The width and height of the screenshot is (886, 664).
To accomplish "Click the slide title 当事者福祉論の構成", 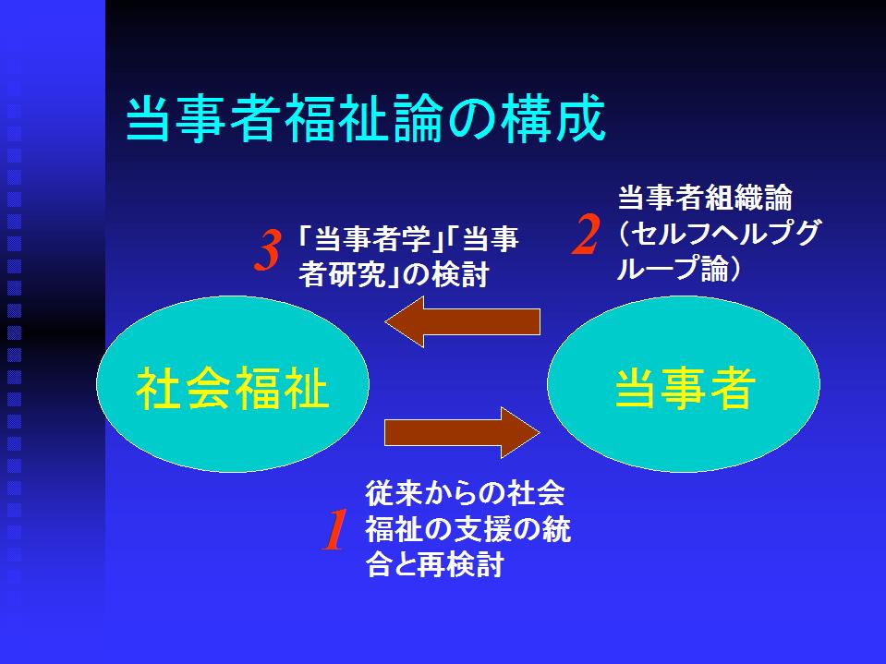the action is pos(366,119).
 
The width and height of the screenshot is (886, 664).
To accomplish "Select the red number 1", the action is pos(334,529).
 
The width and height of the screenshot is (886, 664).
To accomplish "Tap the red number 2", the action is pos(586,235).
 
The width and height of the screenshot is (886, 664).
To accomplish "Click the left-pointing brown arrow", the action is pos(462,321).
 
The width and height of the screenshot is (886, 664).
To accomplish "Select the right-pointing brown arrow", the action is pos(462,432).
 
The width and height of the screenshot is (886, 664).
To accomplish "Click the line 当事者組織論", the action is pos(705,199).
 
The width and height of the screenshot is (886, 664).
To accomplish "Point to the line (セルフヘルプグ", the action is pos(718,234).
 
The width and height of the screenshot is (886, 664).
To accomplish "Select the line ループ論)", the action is pos(679,269).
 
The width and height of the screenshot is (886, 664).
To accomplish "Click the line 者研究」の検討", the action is pos(394,275).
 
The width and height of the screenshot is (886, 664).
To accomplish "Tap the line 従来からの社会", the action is pos(465,493).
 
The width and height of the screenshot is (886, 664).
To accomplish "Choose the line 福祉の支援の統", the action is pos(468,529).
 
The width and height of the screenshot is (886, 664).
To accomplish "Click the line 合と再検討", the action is pos(434,564).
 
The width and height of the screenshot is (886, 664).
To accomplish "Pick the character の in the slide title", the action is pos(472,120).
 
